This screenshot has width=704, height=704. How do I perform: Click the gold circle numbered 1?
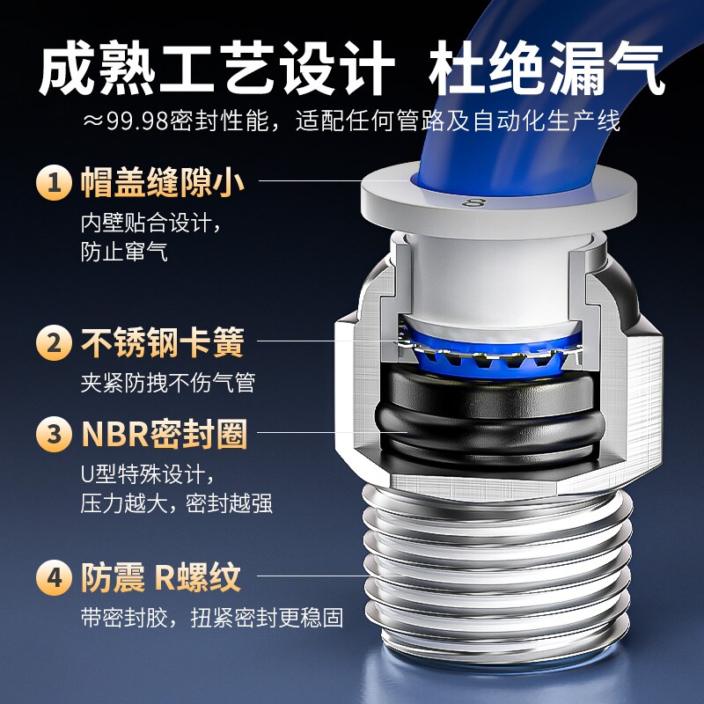point(54,182)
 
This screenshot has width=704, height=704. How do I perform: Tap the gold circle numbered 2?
point(54,342)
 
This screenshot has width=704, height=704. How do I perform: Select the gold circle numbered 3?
point(54,434)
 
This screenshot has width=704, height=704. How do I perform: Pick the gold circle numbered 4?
point(54,577)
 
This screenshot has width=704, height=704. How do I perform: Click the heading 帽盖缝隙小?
point(163,182)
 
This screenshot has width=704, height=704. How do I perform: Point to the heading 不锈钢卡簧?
point(163,342)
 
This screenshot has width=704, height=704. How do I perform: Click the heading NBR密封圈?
point(165,434)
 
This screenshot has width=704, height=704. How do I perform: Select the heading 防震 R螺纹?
point(161,577)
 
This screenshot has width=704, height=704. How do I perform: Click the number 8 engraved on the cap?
point(473,202)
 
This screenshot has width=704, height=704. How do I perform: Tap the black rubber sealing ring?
point(488,415)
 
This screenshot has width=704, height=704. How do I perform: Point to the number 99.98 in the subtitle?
point(137,121)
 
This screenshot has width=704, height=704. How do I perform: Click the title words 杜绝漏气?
point(546,69)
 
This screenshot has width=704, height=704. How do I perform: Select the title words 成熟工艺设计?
point(216,69)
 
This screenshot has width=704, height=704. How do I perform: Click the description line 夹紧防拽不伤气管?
point(168,383)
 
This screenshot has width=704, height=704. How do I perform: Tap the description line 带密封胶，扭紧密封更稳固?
point(212,618)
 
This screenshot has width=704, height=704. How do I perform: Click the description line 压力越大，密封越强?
point(177,503)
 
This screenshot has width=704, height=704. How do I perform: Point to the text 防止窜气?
point(124,252)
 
